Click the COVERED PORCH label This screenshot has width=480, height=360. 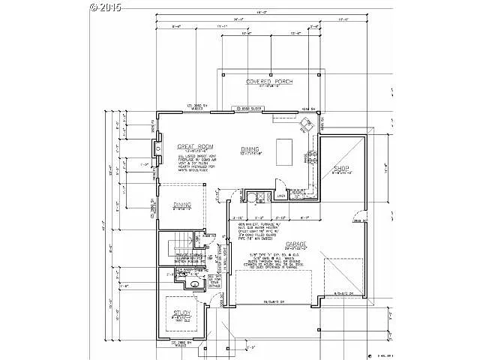tap(268, 81)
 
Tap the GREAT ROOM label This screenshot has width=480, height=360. tap(196, 145)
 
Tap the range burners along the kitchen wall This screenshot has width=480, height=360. tap(313, 157)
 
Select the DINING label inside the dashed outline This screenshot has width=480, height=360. tap(182, 205)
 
